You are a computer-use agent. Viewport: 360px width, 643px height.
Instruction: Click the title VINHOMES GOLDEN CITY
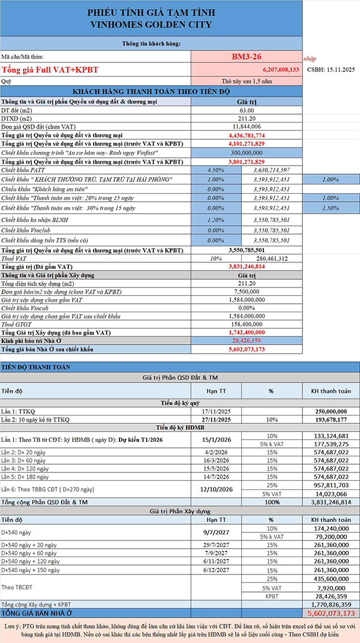pyautogui.click(x=152, y=25)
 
